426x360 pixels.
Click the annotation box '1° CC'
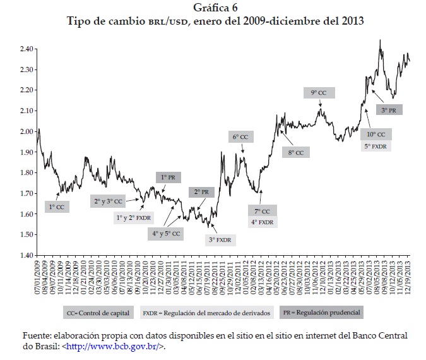pyautogui.click(x=56, y=206)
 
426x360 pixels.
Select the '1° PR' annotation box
pyautogui.click(x=167, y=177)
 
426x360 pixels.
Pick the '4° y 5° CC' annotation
pyautogui.click(x=166, y=233)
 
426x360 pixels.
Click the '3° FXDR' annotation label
pyautogui.click(x=220, y=239)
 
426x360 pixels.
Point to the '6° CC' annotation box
pyautogui.click(x=240, y=136)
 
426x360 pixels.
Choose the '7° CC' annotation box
pyautogui.click(x=263, y=211)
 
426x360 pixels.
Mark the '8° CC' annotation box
pyautogui.click(x=296, y=152)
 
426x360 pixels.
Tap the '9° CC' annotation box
pyautogui.click(x=319, y=93)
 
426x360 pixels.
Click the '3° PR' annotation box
pyautogui.click(x=389, y=109)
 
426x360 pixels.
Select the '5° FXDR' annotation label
pyautogui.click(x=376, y=146)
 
